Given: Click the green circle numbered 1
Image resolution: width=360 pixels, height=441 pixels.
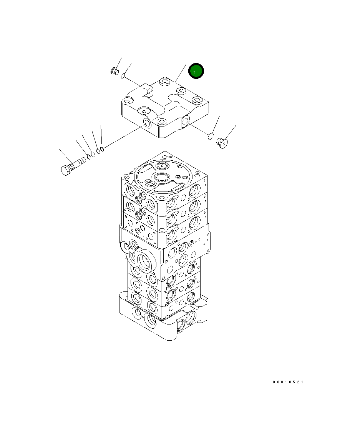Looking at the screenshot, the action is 196,71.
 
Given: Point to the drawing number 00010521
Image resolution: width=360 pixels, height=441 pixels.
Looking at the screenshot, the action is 288,382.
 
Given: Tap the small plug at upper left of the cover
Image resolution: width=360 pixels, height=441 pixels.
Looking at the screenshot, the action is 114,71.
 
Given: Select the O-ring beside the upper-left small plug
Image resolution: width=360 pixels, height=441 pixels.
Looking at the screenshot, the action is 123,75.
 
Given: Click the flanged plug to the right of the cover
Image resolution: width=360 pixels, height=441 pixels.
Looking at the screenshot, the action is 222,143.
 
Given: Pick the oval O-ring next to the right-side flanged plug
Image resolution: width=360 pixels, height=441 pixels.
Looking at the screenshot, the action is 211,136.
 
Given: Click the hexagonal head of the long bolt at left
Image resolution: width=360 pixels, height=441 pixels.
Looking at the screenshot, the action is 65,170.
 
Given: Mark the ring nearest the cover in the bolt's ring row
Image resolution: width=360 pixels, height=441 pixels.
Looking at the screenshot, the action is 102,148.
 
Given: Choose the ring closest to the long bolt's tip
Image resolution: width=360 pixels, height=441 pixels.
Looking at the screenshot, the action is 88,156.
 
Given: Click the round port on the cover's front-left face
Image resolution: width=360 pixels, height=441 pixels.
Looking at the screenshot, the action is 147,123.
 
